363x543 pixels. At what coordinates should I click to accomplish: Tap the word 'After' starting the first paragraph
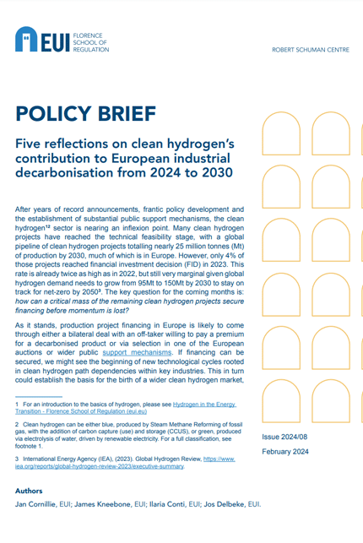pos(25,209)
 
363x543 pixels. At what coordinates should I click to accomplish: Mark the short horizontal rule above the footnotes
pos(39,397)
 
